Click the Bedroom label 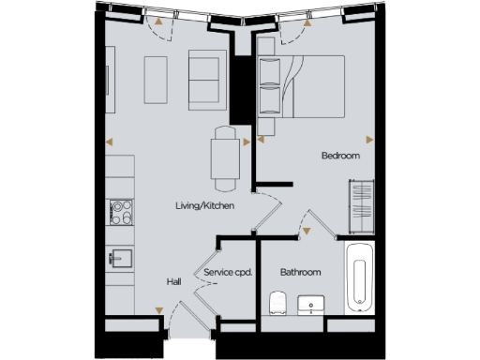point(340,157)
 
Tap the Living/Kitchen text point(203,205)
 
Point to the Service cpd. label point(229,273)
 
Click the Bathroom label point(301,272)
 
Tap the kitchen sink point(120,256)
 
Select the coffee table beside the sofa point(156,79)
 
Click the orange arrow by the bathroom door point(307,228)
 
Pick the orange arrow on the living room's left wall point(110,142)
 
